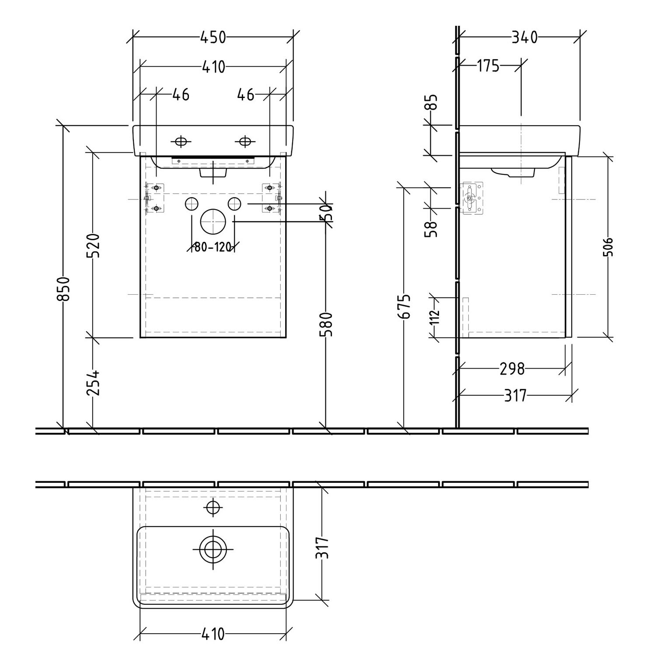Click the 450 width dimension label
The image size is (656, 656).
point(213,38)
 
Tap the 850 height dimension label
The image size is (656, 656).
point(64,288)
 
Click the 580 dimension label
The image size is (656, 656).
point(327,324)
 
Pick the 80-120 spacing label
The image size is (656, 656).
point(213,248)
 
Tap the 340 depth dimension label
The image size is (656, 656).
point(524,38)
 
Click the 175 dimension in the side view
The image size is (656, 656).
point(488,66)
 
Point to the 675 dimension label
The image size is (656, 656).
point(405,306)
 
